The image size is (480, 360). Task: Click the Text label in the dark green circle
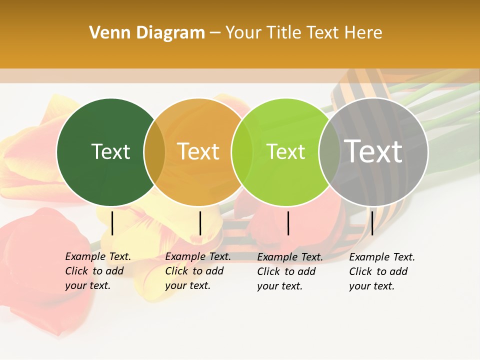coord(110,151)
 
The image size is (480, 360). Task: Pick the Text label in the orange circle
coord(198,151)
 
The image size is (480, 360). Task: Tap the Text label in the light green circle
coord(286,151)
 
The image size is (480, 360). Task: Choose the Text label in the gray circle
coord(373,151)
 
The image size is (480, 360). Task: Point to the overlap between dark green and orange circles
coord(154,152)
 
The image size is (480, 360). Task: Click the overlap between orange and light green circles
coord(242,152)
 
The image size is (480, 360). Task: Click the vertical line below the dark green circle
coord(112,223)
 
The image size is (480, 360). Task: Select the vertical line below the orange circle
coord(200,223)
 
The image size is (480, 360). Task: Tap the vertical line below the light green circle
coord(288,223)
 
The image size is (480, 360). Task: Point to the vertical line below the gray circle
coord(372,223)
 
